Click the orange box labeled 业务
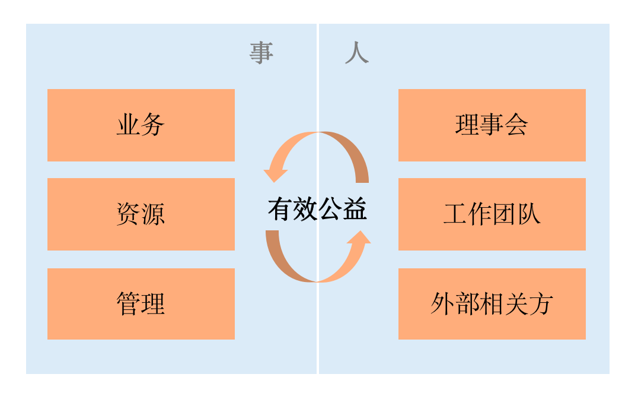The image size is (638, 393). click(x=141, y=125)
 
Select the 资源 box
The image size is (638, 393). click(x=141, y=214)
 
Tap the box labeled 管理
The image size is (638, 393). click(x=141, y=304)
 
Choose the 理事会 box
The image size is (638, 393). click(x=492, y=125)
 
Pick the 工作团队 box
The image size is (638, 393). click(x=492, y=214)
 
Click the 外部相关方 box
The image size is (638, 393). click(x=492, y=304)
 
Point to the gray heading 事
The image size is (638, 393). click(x=261, y=53)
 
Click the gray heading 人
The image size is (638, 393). click(x=357, y=53)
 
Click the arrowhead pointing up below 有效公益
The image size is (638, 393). click(x=359, y=237)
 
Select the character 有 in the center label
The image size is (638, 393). click(x=280, y=210)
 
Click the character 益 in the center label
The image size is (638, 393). click(x=355, y=210)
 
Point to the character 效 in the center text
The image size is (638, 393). click(x=305, y=210)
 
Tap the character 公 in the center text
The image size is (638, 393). click(x=330, y=210)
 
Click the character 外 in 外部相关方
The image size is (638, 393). click(x=443, y=304)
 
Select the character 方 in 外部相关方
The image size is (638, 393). click(x=541, y=304)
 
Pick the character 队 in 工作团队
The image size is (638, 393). click(x=529, y=214)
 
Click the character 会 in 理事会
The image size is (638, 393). click(x=516, y=125)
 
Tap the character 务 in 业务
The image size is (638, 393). click(x=153, y=125)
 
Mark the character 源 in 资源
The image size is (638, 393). click(x=153, y=214)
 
